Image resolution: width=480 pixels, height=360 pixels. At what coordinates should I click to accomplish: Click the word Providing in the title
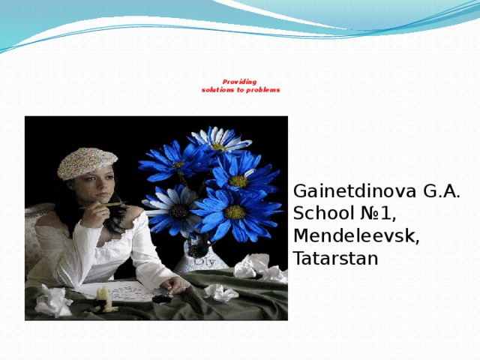(239, 82)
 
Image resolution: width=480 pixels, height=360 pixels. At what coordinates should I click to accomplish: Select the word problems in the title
(263, 90)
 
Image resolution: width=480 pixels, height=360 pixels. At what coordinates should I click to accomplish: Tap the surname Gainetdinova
(346, 191)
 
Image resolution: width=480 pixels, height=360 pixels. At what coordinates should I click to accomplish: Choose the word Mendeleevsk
(356, 236)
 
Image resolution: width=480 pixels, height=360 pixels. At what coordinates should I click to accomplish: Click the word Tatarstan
(335, 259)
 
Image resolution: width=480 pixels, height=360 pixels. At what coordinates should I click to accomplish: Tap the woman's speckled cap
(87, 161)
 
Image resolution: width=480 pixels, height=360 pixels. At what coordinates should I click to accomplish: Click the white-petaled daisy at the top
(219, 139)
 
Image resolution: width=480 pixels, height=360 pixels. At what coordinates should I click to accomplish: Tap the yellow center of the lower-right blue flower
(235, 212)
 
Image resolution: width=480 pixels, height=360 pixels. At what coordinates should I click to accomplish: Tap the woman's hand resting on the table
(177, 286)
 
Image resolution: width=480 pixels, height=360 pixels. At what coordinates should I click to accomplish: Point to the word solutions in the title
(218, 90)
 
